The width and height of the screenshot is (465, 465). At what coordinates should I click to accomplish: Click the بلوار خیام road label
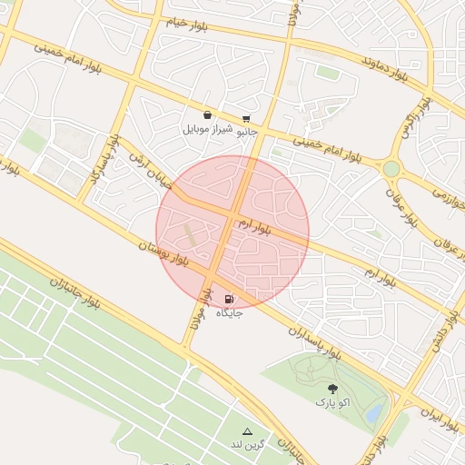coord(191,22)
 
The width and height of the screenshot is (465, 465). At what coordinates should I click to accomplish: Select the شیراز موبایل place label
coord(209,129)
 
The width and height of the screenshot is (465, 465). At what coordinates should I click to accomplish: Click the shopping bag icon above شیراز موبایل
coord(208,115)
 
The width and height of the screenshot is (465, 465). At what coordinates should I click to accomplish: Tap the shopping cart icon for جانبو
coord(246,119)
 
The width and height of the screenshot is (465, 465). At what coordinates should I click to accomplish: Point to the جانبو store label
coord(247,133)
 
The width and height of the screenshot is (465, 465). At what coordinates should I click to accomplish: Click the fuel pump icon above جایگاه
coord(228,298)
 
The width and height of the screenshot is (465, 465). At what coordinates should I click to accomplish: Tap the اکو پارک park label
coord(331,401)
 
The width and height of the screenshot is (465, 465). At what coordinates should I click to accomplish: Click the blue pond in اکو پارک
coord(372,414)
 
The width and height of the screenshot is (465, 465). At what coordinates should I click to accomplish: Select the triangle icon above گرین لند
coord(247,430)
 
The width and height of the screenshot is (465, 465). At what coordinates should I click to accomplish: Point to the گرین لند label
coord(247,444)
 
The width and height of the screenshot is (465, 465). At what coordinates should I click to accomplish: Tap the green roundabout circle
coord(391,169)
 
